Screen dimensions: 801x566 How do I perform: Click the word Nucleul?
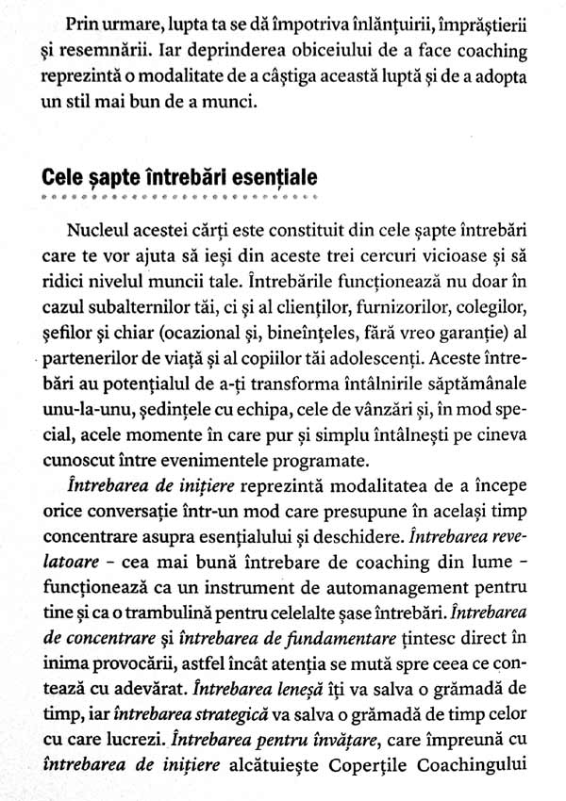(101, 231)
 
